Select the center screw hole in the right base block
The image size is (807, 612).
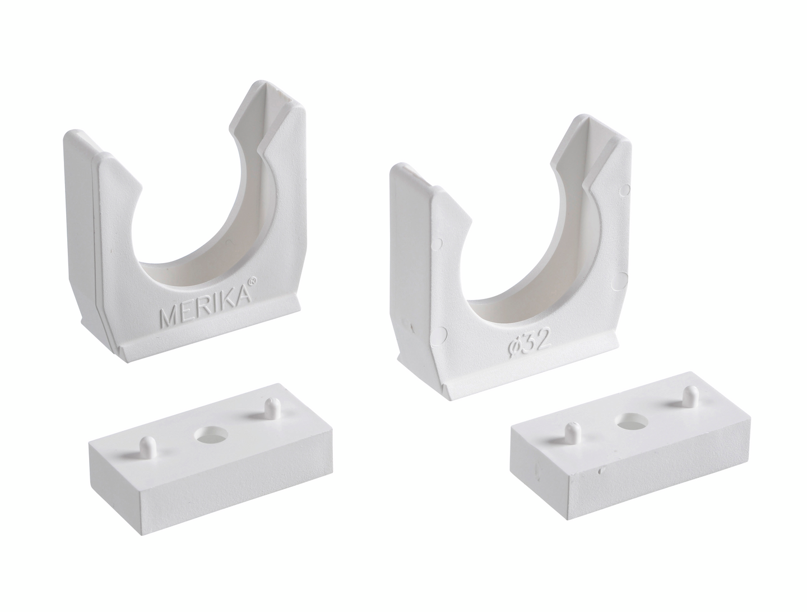(x=633, y=421)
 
